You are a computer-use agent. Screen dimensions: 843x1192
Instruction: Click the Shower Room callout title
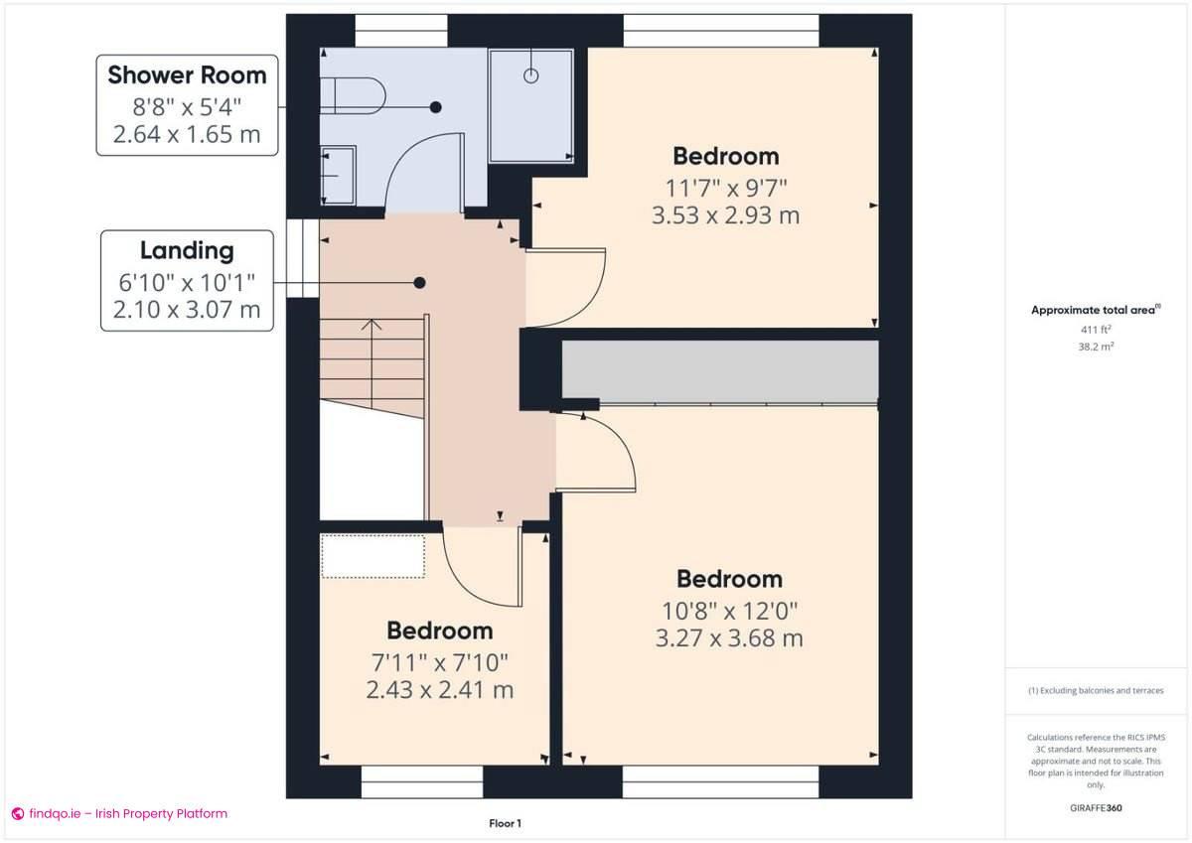point(187,74)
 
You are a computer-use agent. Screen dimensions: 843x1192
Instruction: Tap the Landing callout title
point(187,250)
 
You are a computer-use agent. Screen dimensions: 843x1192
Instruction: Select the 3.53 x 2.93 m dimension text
point(725,214)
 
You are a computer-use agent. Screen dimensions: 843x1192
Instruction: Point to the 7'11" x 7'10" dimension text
point(439,661)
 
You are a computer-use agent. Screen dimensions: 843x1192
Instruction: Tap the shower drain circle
point(530,75)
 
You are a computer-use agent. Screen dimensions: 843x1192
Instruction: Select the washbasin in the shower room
point(338,176)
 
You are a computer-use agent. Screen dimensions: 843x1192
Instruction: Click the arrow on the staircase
point(372,325)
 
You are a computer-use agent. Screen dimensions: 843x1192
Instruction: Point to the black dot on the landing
point(420,283)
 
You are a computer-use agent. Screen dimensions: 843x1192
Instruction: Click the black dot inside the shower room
point(435,106)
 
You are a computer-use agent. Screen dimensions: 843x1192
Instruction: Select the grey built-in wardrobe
point(720,370)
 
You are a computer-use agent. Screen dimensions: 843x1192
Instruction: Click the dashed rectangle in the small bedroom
point(372,556)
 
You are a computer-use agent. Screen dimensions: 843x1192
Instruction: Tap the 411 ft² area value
point(1096,329)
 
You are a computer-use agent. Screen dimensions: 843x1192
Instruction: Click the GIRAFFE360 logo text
point(1096,808)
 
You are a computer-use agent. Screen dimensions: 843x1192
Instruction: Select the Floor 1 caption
point(505,823)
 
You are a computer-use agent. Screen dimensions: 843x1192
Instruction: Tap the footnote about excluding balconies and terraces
point(1096,690)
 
